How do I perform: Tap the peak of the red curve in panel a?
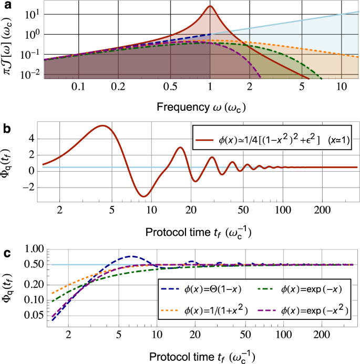210,6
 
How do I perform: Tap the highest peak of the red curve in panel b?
103,126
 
